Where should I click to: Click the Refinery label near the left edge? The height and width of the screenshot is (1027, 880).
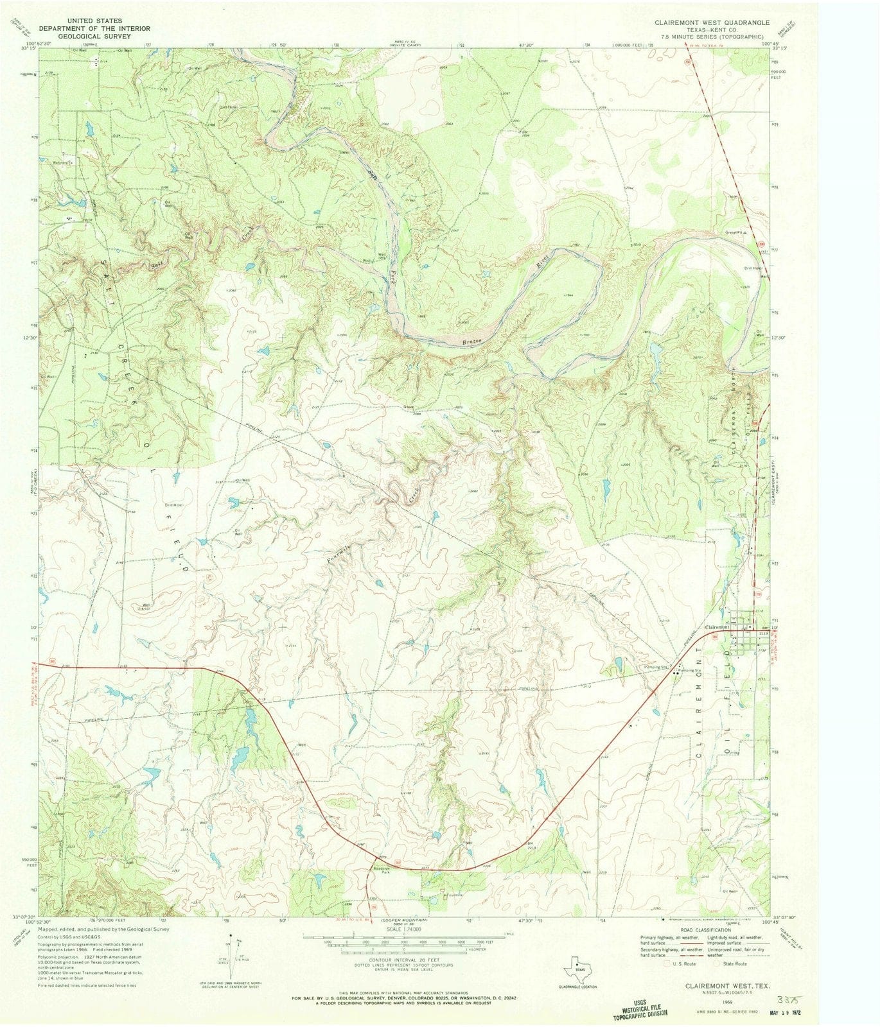click(61, 162)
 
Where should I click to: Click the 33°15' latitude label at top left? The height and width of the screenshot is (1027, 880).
click(27, 49)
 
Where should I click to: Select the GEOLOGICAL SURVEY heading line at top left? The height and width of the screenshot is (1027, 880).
click(94, 36)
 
